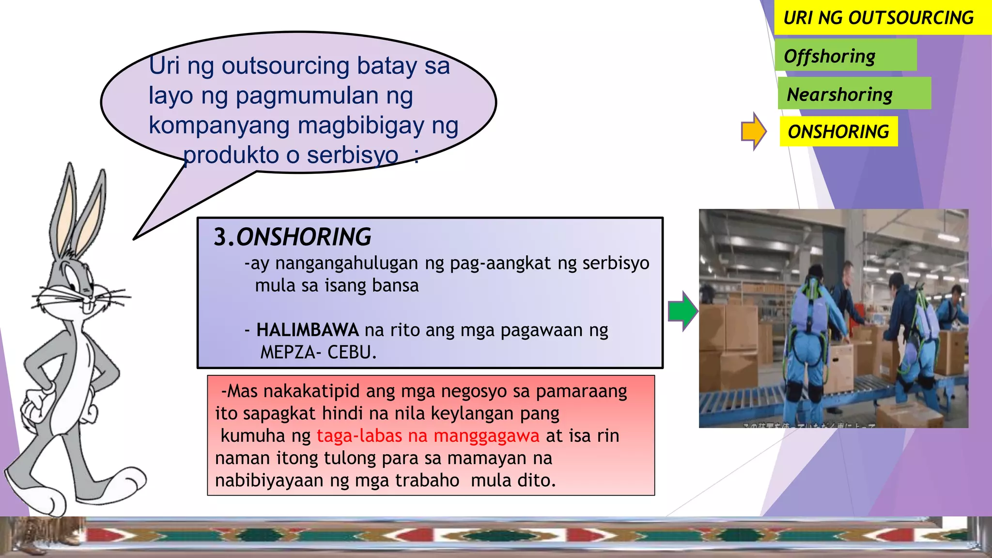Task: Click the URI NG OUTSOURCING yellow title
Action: coord(878,18)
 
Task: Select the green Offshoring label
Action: coord(830,56)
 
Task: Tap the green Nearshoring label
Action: coord(840,94)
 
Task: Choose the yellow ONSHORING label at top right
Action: coord(838,132)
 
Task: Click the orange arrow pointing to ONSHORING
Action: coord(753,131)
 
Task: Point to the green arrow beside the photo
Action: coord(682,311)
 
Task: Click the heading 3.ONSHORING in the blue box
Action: coord(292,237)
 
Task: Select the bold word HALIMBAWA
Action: coord(308,330)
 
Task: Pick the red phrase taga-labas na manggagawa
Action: coord(428,435)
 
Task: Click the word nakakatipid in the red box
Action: coord(311,391)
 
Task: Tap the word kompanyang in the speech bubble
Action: coord(219,125)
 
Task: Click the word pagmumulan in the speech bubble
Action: coord(307,95)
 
